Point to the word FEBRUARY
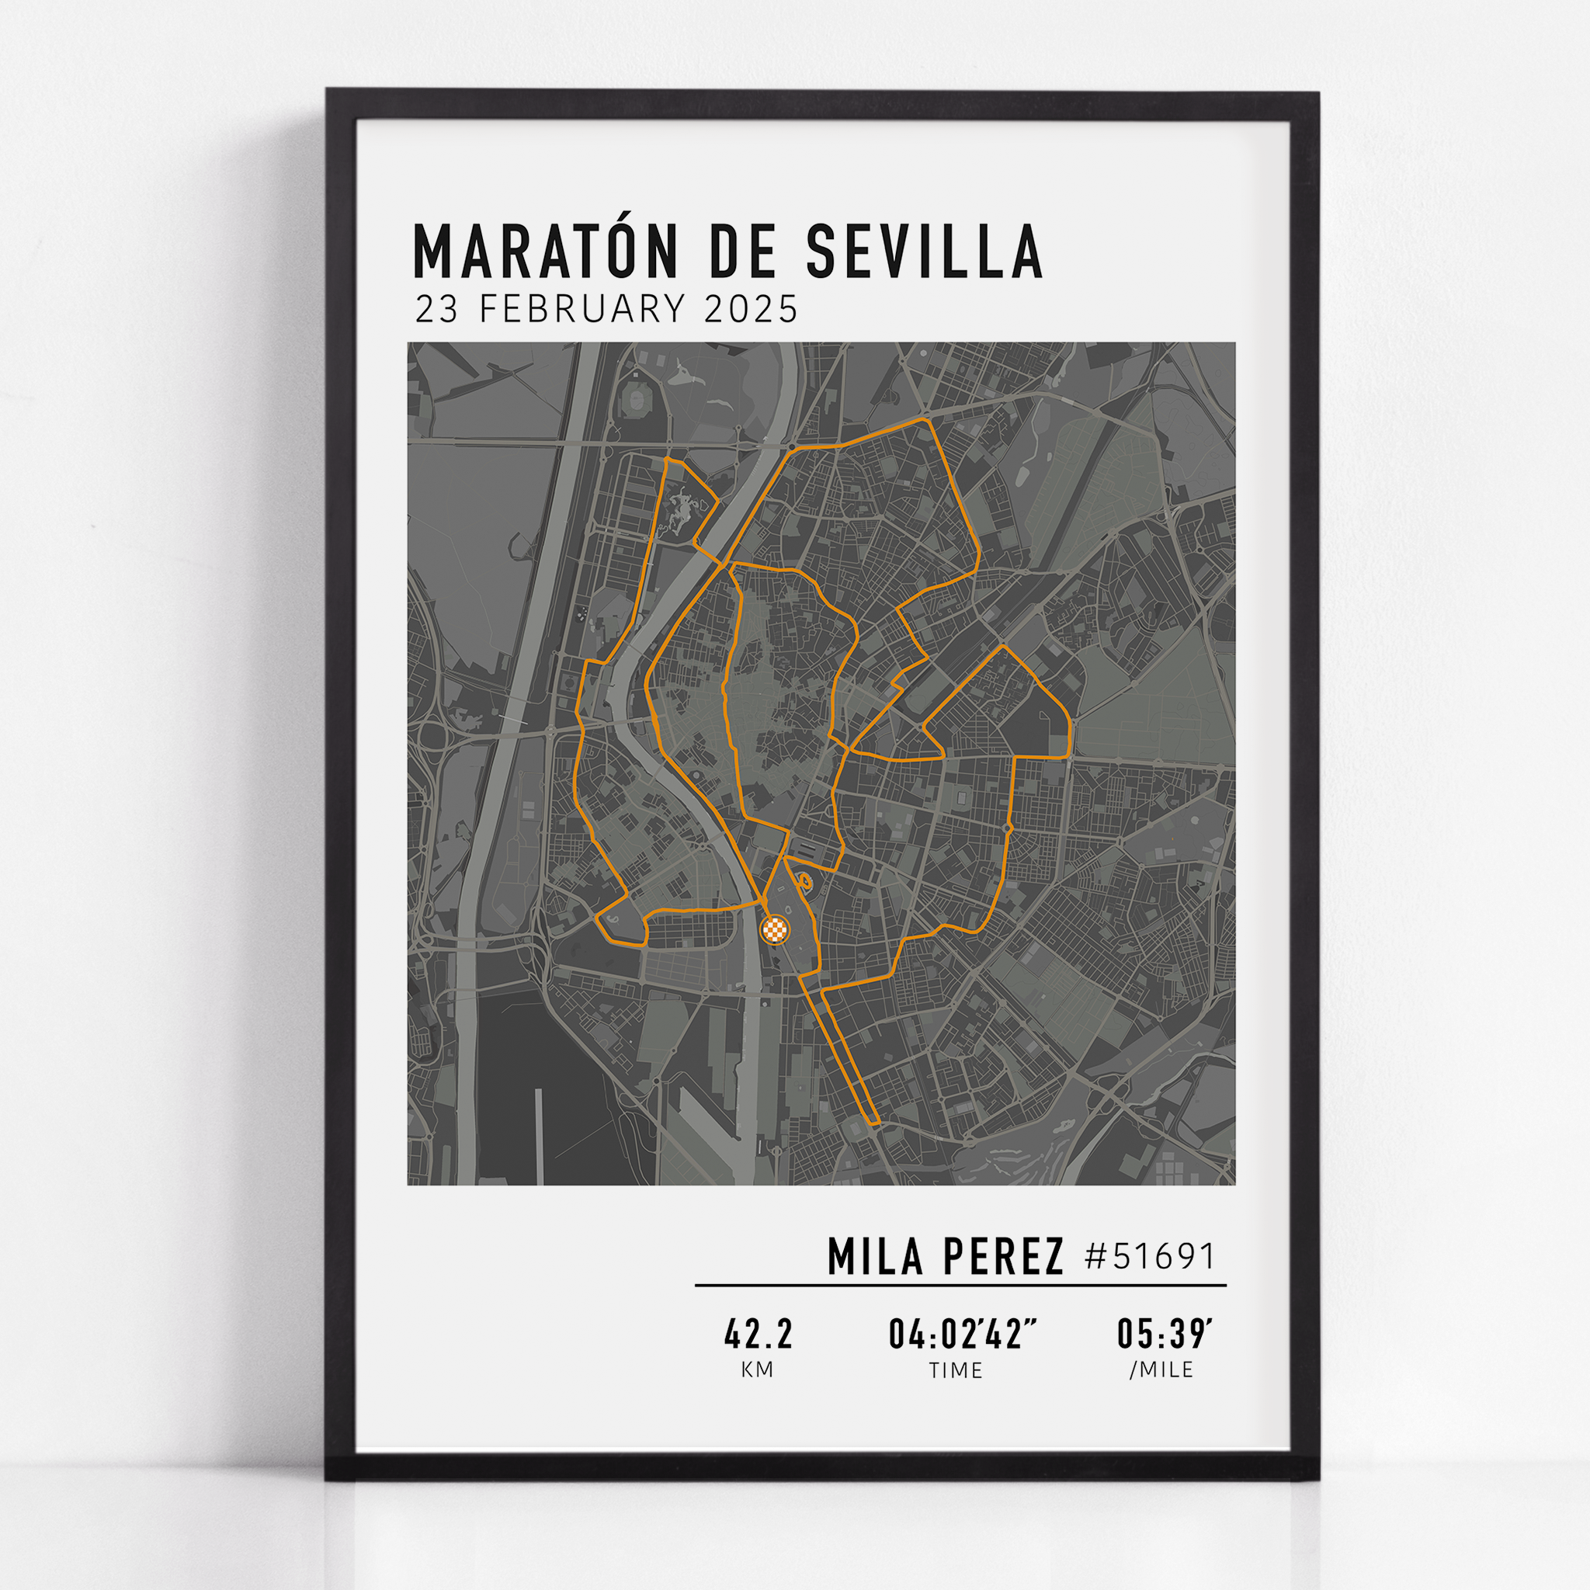click(x=581, y=310)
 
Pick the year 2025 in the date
click(x=752, y=310)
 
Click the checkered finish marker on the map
click(x=774, y=930)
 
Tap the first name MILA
click(x=874, y=1257)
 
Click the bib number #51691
click(x=1150, y=1257)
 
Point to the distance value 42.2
click(x=758, y=1335)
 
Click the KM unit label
click(x=757, y=1370)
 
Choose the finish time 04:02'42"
click(x=962, y=1335)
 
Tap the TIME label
click(x=956, y=1370)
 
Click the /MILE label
click(x=1161, y=1370)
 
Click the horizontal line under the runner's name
click(x=960, y=1285)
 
